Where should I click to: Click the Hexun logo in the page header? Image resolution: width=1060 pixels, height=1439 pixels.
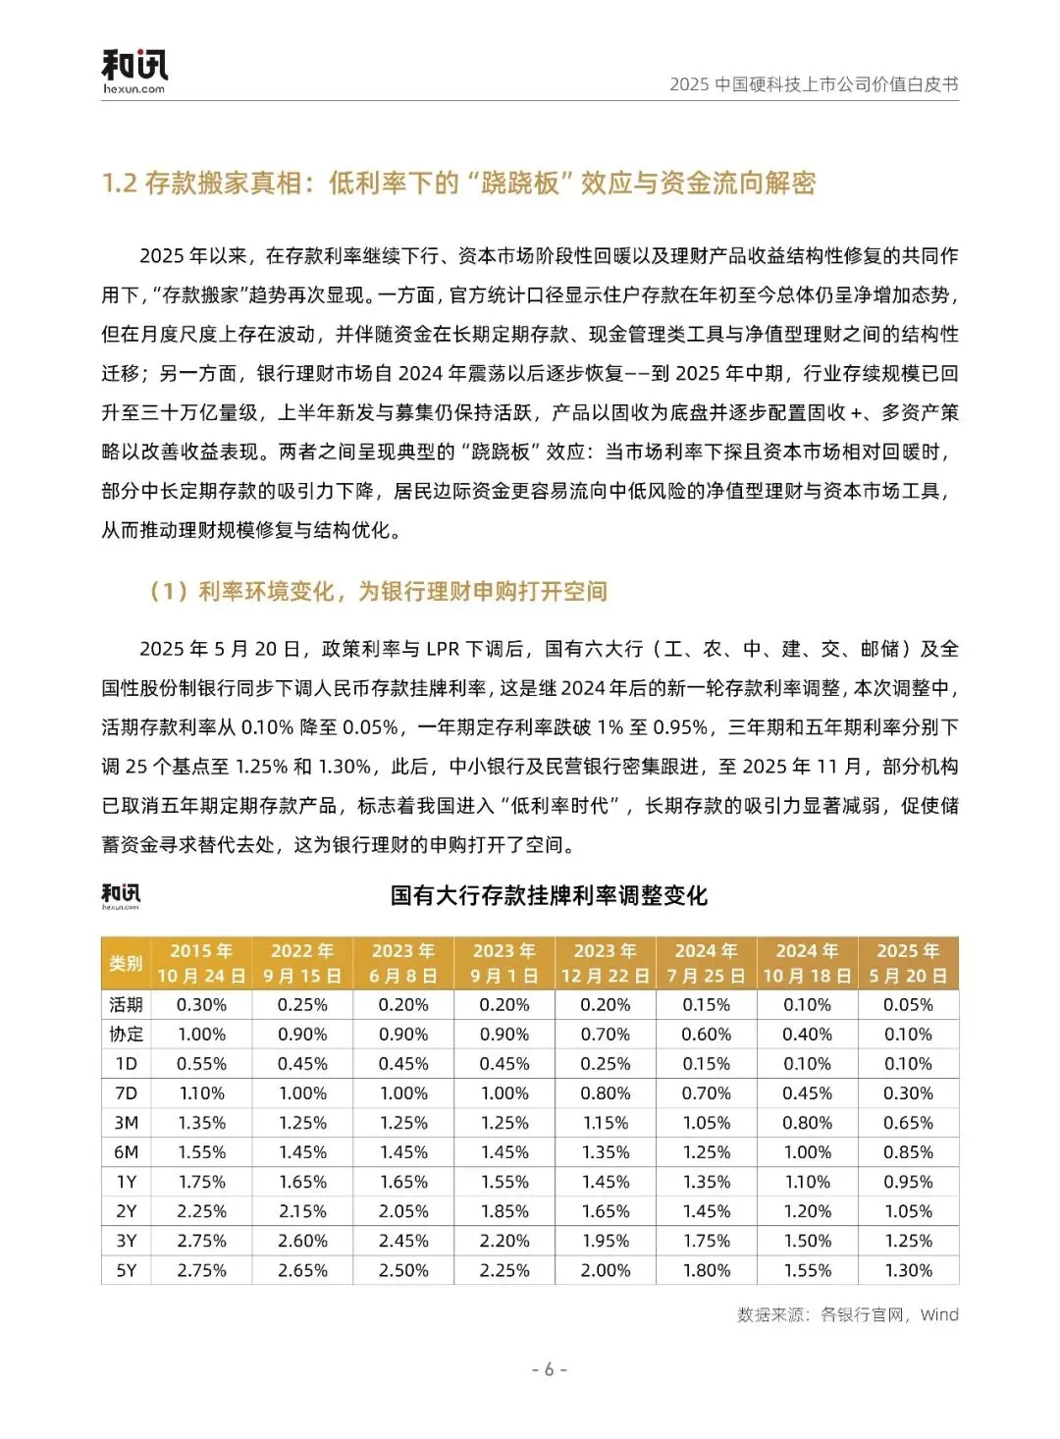point(134,71)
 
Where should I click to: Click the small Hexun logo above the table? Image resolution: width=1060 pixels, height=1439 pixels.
point(121,895)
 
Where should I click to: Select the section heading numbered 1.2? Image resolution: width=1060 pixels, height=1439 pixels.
point(458,184)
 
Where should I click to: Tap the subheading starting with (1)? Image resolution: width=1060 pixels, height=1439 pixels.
point(378,591)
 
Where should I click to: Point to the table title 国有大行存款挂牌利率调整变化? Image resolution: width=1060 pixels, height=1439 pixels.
point(549,895)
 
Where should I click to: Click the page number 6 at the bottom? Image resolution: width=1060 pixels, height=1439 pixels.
point(549,1369)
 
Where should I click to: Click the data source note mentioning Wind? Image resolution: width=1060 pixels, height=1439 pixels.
point(847,1314)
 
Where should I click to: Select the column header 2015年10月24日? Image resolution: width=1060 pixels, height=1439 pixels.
point(201,963)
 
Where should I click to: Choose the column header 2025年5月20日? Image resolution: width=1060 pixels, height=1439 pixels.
point(908,963)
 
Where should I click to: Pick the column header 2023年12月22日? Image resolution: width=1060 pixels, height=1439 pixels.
point(605,963)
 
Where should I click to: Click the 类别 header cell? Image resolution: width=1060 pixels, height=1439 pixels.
point(126,963)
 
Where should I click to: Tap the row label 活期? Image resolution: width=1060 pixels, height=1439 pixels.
point(126,1005)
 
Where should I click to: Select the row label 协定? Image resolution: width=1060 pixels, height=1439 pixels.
point(126,1035)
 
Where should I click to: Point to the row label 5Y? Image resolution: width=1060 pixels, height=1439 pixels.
point(126,1270)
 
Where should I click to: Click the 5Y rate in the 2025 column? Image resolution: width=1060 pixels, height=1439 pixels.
point(908,1270)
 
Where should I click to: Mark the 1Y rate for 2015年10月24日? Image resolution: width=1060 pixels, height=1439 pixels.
point(201,1182)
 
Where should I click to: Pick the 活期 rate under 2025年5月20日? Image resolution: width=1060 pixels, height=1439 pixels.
point(908,1005)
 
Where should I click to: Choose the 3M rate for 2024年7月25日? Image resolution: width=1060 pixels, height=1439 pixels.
point(707,1123)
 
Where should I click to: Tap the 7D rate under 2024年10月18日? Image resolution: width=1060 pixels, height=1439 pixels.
point(807,1093)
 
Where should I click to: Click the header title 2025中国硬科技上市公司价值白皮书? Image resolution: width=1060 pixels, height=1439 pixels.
point(814,84)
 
